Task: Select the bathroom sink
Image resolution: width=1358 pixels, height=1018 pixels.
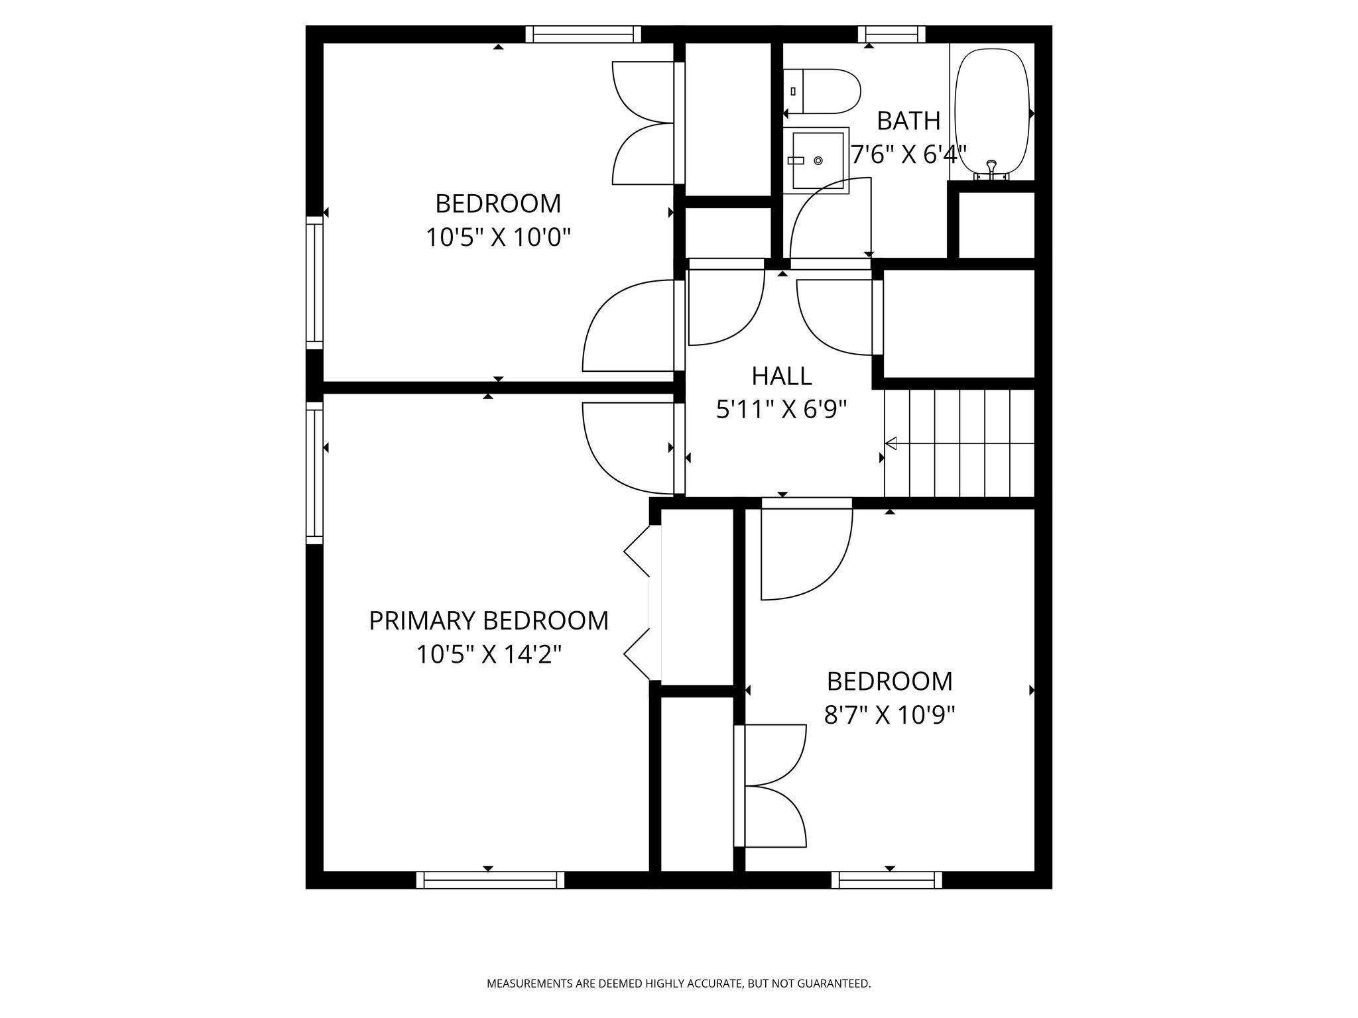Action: click(x=816, y=160)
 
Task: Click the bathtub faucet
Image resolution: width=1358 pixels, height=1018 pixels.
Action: click(x=991, y=170)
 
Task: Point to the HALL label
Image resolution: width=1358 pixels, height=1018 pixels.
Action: click(x=782, y=376)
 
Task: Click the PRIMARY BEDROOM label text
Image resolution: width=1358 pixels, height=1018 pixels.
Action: click(x=489, y=621)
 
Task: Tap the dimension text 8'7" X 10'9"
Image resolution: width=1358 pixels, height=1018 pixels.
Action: click(x=890, y=716)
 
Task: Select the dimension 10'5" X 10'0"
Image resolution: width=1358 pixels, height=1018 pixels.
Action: click(x=498, y=237)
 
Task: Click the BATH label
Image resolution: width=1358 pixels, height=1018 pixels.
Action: click(x=908, y=121)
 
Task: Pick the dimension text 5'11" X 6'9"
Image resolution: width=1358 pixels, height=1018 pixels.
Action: click(x=782, y=410)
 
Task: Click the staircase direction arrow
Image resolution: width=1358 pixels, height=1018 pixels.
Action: click(x=959, y=443)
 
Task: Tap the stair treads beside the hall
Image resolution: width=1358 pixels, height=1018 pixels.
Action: click(x=959, y=443)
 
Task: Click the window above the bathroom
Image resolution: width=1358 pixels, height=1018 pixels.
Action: click(x=892, y=34)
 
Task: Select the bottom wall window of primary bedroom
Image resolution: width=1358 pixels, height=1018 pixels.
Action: click(x=490, y=879)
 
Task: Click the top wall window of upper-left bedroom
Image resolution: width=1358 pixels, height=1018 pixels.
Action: click(x=584, y=34)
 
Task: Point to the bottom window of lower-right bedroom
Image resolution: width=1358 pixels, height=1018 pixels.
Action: click(x=887, y=879)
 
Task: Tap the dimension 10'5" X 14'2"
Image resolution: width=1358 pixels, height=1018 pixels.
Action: click(x=489, y=655)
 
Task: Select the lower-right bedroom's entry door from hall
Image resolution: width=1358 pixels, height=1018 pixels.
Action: click(x=806, y=549)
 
